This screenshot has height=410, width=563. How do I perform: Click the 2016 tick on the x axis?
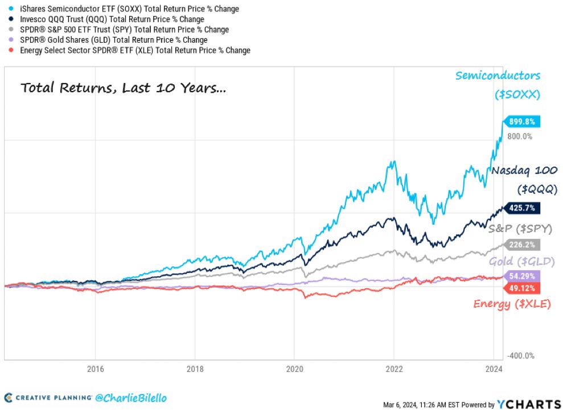(95, 368)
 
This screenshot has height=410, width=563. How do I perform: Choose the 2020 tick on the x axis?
(294, 368)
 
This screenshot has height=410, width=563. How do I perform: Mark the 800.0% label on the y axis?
(520, 136)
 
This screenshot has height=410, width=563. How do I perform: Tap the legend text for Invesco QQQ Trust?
(108, 19)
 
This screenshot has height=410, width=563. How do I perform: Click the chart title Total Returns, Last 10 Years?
(123, 89)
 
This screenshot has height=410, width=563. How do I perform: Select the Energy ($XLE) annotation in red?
(512, 304)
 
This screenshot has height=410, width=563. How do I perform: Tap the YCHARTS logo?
(528, 404)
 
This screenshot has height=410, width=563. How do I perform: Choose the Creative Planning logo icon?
(8, 397)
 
